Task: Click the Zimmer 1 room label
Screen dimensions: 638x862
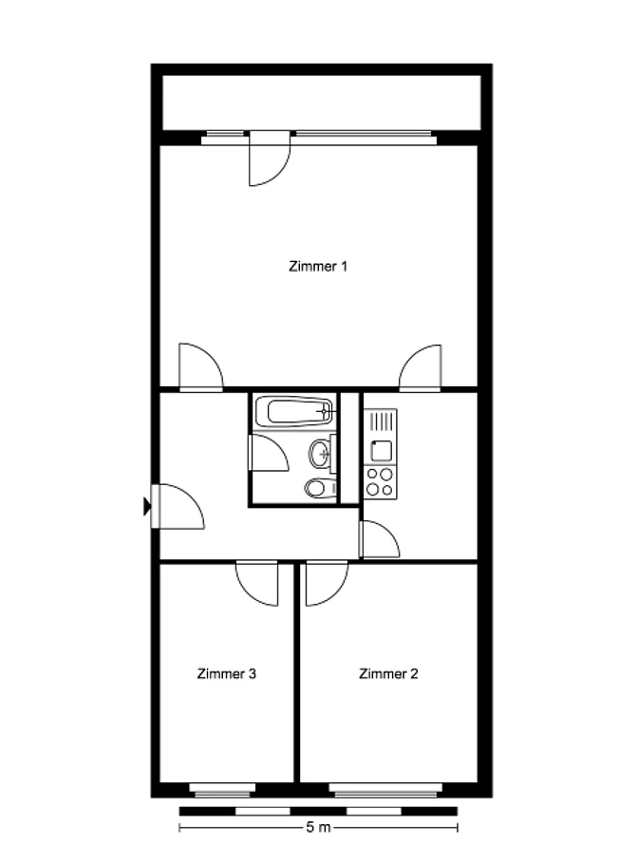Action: [318, 267]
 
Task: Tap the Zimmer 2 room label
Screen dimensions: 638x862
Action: [388, 673]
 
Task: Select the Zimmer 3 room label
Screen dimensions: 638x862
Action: [227, 673]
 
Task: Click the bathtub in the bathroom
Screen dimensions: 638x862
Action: [294, 411]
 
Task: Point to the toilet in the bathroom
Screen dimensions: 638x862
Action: [320, 488]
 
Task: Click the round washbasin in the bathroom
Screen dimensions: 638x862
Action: [321, 454]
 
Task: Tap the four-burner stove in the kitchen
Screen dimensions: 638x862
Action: [380, 481]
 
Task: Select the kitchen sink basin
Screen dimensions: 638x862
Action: [381, 451]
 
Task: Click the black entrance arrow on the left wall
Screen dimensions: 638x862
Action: [147, 506]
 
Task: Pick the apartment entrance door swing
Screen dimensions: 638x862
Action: [178, 506]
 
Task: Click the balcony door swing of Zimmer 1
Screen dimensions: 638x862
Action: [269, 159]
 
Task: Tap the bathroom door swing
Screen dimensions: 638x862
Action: [269, 453]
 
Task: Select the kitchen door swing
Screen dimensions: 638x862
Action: [380, 539]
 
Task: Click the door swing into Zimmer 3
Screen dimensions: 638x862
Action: [257, 583]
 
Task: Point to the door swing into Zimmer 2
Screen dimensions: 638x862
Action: [327, 583]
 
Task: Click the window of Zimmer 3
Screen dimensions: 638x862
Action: [222, 791]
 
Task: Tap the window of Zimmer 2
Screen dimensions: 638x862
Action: [385, 791]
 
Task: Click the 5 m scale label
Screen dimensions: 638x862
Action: [318, 827]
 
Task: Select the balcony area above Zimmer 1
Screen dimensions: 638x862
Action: [322, 103]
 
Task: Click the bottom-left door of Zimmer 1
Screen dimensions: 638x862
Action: [201, 366]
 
